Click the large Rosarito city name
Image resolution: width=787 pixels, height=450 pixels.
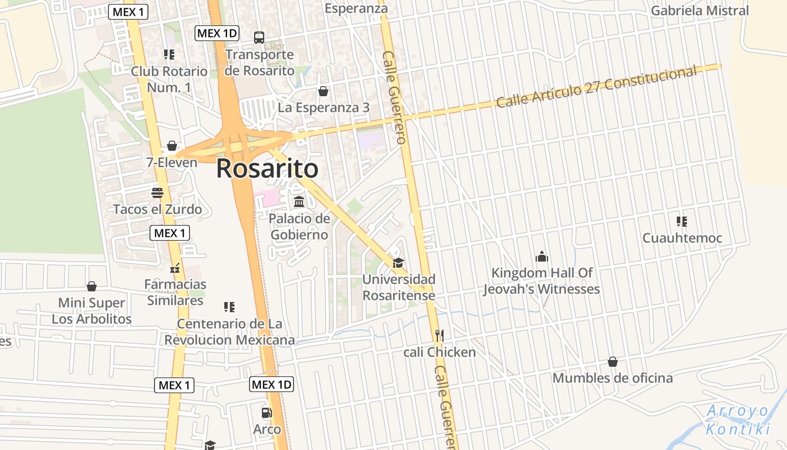267,168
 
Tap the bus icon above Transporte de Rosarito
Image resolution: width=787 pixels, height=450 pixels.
259,38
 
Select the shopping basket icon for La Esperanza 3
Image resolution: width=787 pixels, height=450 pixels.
323,91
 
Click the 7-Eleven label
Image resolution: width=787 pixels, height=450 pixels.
172,163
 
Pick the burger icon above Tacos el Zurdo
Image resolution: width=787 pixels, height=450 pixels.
157,193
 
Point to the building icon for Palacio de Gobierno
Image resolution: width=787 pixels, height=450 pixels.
299,201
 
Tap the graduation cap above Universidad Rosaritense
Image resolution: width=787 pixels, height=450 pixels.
398,263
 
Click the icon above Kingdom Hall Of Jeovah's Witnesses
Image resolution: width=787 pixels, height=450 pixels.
542,256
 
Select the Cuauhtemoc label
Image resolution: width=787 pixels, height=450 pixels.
682,238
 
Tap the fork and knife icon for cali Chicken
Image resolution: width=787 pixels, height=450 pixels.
440,336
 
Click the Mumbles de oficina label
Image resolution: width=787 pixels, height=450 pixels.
613,377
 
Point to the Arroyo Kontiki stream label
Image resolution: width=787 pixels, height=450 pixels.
738,420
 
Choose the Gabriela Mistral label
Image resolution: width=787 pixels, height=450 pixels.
700,10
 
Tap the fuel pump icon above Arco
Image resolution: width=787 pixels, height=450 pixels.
267,413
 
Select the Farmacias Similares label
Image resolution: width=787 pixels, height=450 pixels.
175,292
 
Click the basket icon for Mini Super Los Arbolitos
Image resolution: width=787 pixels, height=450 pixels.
92,287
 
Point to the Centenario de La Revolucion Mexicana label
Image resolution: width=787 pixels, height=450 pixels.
229,332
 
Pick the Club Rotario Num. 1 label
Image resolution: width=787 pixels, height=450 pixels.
169,79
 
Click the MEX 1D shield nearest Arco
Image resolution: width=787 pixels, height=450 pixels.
272,385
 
